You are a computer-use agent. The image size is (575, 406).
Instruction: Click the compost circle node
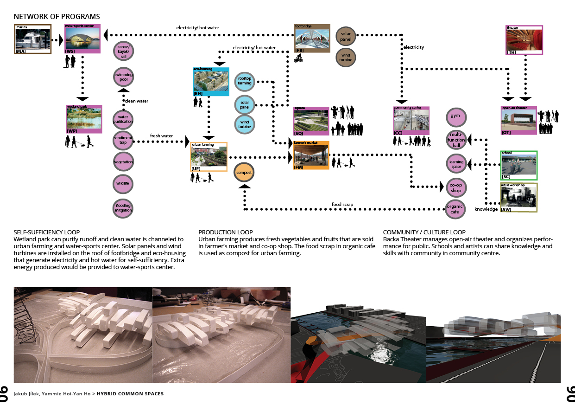coord(244,173)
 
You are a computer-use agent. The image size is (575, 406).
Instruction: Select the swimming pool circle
coord(123,77)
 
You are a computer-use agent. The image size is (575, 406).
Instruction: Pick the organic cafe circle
coord(455,209)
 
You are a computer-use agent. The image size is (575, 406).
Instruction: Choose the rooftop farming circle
coord(245,81)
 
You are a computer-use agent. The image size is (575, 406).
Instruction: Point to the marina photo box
coord(32,40)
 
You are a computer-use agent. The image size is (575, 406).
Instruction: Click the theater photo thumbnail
coord(524,40)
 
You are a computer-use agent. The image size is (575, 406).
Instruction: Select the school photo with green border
coord(518,165)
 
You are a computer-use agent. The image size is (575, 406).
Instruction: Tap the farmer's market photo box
coord(311,155)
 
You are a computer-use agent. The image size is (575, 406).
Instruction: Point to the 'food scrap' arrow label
coord(342,204)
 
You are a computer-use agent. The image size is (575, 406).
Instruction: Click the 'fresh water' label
coord(161,136)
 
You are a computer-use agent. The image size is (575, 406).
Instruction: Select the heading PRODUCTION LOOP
coord(225,232)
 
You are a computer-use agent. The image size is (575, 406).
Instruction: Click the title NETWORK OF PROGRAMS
coord(57,17)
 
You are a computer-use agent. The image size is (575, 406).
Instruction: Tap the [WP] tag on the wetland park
coord(72,131)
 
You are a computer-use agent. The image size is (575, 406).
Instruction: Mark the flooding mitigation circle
coord(123,208)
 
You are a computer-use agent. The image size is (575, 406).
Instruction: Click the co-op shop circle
coord(456,187)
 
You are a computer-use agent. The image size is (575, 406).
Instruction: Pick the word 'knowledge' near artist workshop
coord(486,209)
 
